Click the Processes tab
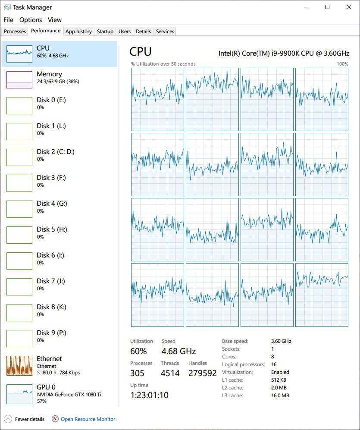click(x=15, y=31)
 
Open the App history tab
click(x=78, y=31)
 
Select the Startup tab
click(x=105, y=31)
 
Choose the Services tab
click(x=165, y=31)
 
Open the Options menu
click(x=31, y=20)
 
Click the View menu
click(x=55, y=20)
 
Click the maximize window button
click(x=327, y=7)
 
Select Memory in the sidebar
click(x=59, y=80)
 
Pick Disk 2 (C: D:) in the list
click(x=59, y=157)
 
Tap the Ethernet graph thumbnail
click(x=19, y=366)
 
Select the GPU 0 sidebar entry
click(x=59, y=394)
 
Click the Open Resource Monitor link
click(x=88, y=419)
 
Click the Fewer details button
click(x=25, y=419)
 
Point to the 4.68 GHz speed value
click(x=178, y=351)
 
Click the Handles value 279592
click(x=202, y=373)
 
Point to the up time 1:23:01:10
click(x=150, y=395)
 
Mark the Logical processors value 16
click(x=274, y=364)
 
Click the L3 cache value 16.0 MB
click(x=280, y=395)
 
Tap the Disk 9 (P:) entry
click(x=59, y=339)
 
